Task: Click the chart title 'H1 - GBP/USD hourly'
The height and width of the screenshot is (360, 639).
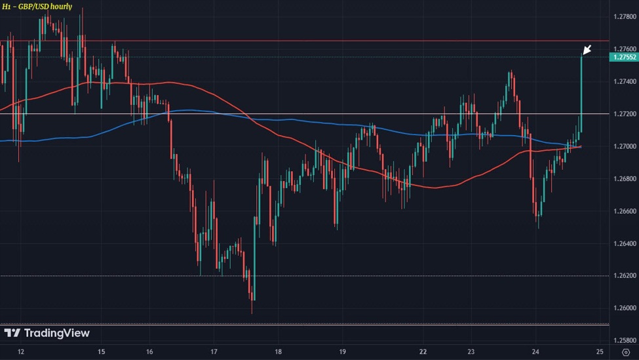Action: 37,7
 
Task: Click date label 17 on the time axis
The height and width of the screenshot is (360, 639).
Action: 214,352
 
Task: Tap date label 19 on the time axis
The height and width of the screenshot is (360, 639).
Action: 343,352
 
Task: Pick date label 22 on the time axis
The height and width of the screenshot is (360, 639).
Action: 423,352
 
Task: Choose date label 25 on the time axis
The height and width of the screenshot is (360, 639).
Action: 600,352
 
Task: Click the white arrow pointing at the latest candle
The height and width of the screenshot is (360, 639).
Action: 587,49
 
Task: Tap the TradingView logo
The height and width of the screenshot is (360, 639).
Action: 47,333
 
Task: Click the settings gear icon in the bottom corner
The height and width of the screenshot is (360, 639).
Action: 625,352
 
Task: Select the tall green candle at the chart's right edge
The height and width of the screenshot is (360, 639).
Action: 581,92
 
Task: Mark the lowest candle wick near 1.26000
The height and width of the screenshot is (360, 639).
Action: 253,308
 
